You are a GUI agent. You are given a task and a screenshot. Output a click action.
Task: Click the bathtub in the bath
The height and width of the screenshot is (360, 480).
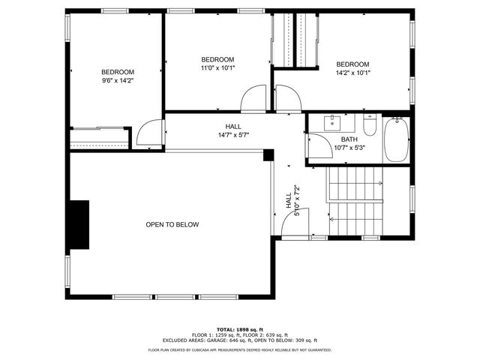(x=396, y=139)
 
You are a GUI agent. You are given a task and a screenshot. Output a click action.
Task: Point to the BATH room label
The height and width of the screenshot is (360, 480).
(x=349, y=139)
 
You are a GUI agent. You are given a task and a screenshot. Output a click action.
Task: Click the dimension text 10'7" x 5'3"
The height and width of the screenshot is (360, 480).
(x=349, y=148)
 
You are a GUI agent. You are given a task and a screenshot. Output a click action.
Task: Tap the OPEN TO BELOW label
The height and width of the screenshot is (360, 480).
(x=172, y=224)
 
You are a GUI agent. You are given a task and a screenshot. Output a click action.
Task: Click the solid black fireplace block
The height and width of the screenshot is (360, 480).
(x=78, y=223)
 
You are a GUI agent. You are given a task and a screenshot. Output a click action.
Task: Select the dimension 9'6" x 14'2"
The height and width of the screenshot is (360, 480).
(x=118, y=80)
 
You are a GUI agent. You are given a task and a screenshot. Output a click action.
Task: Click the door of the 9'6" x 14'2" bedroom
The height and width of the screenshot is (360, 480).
(x=152, y=133)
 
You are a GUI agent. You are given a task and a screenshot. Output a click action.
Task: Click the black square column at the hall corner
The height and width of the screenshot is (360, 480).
(x=268, y=155)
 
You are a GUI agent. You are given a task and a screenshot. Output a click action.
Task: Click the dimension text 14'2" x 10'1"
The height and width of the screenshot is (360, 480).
(x=352, y=73)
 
